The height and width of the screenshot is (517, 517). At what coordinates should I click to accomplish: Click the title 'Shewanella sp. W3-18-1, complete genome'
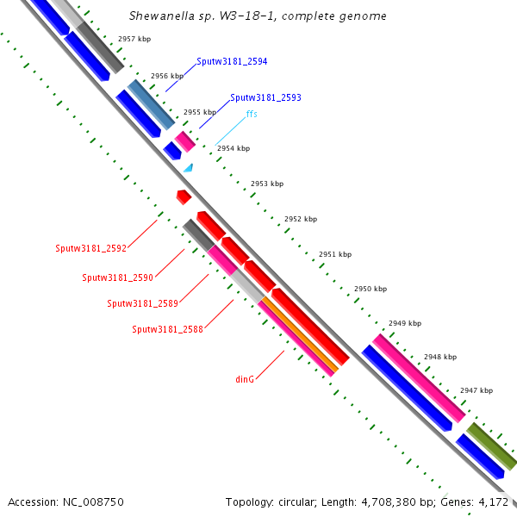(258, 16)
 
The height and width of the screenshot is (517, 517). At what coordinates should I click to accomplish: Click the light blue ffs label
(252, 114)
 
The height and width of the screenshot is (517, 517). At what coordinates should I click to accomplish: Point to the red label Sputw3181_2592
(91, 248)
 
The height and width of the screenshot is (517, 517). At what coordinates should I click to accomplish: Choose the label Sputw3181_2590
(117, 277)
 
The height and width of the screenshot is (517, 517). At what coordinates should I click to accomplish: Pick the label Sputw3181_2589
(142, 303)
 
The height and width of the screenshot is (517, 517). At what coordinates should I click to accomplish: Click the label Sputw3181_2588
(167, 329)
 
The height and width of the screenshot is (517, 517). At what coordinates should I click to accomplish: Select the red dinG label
(245, 378)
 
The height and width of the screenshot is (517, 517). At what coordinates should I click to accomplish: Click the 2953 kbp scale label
(266, 184)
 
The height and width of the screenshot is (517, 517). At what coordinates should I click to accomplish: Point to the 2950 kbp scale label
(371, 289)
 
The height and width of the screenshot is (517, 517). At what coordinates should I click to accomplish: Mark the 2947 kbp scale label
(477, 390)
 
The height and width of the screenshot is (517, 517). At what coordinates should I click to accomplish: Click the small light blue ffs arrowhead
(188, 168)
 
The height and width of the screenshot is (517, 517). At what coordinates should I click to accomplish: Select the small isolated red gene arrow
(183, 196)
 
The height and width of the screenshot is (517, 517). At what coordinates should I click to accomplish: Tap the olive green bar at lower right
(491, 445)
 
